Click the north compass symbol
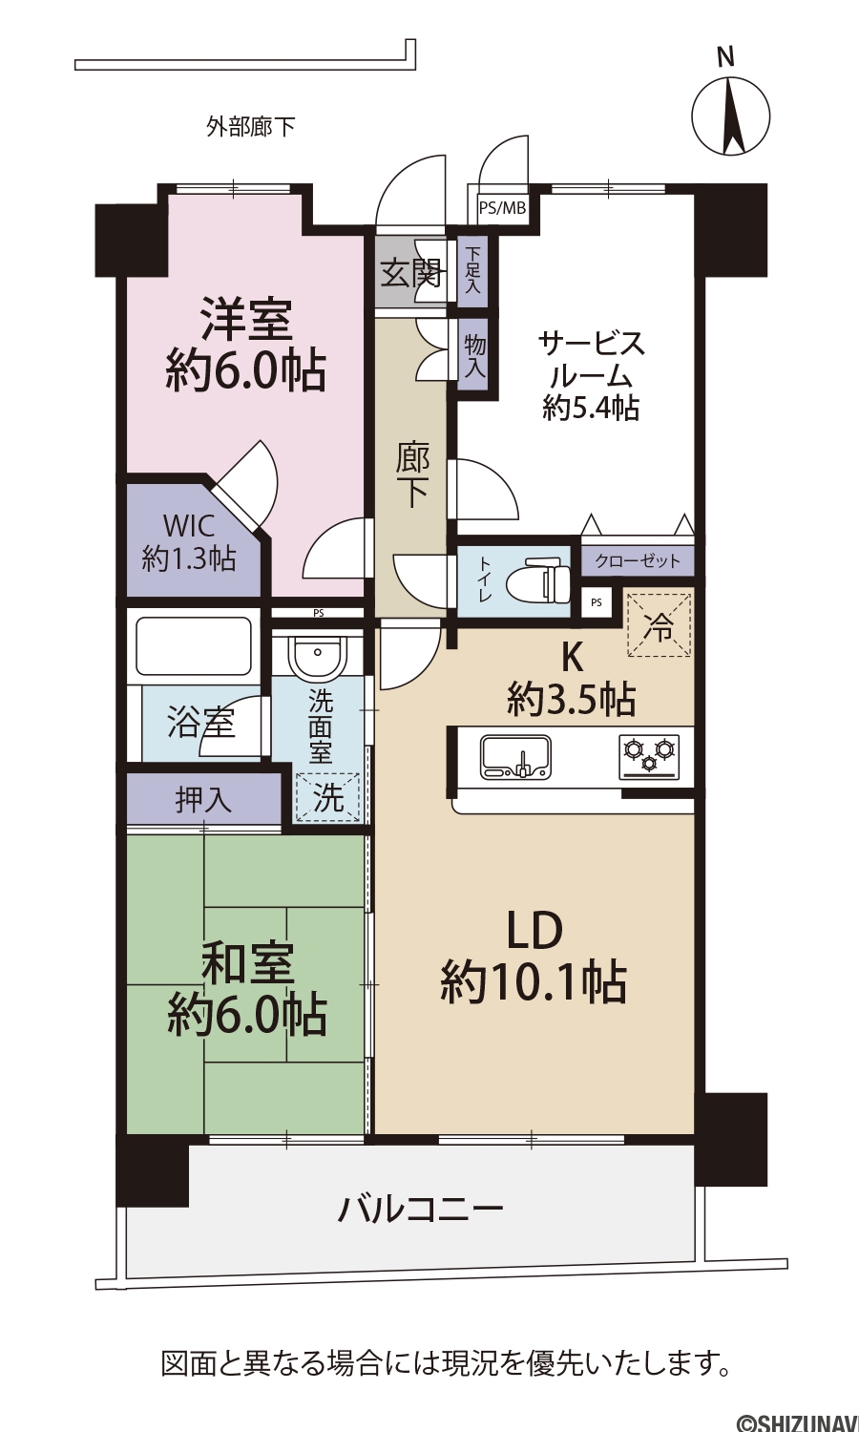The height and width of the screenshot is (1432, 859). tap(730, 116)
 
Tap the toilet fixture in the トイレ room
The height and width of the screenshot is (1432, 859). tap(538, 581)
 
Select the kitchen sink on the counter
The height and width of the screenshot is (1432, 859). tap(515, 757)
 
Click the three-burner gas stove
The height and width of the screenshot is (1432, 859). tap(649, 757)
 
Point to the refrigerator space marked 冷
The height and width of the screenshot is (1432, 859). tap(659, 624)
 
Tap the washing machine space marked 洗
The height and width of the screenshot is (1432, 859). tap(326, 796)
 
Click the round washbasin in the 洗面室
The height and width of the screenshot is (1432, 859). tap(318, 654)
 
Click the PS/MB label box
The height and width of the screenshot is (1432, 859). tap(502, 208)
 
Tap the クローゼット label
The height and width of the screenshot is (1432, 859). tap(638, 561)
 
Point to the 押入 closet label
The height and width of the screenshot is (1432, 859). tap(204, 799)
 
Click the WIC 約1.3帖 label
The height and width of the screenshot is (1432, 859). tap(189, 542)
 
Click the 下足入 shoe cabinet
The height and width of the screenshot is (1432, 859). tap(472, 270)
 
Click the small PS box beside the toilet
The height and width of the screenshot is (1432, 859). tap(597, 602)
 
